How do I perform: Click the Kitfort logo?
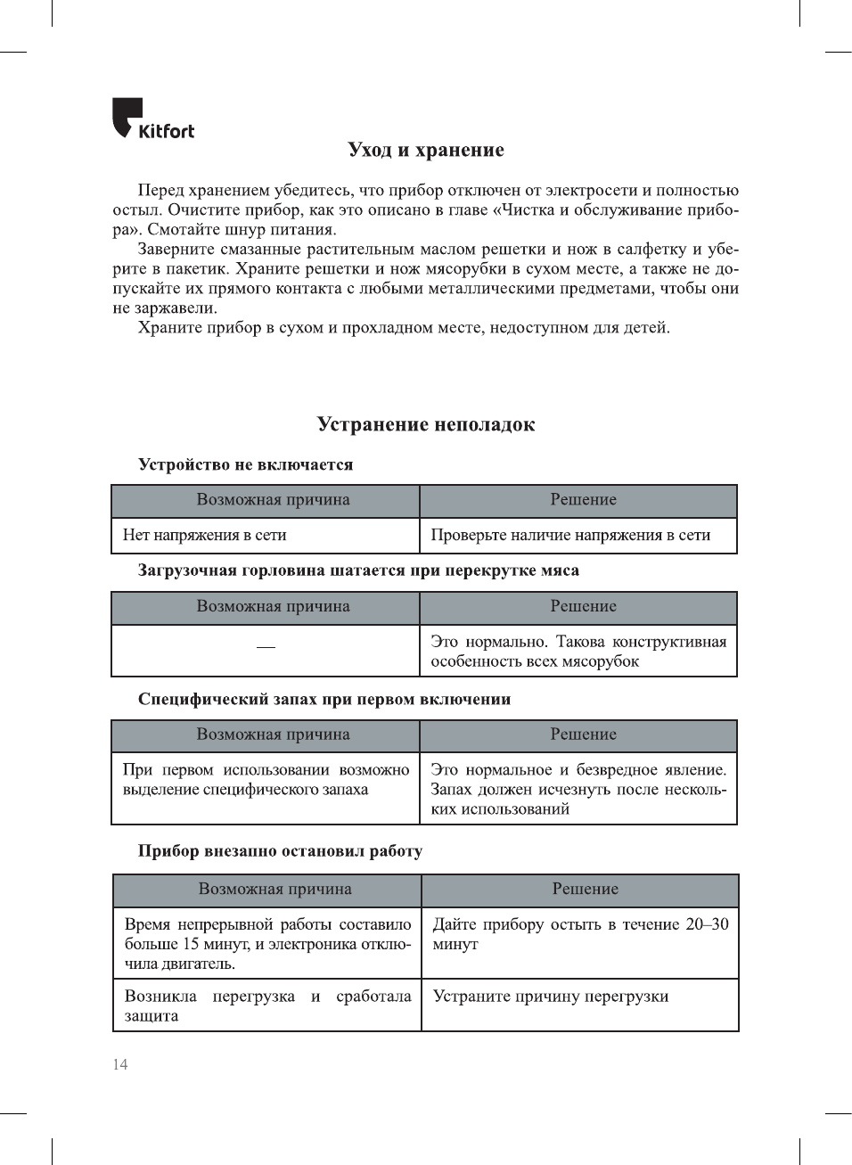click(152, 119)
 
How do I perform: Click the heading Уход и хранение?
click(426, 150)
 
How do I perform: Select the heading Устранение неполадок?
click(426, 424)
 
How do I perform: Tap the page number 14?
click(120, 1064)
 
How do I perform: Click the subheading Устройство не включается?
click(245, 464)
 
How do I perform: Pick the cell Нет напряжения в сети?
click(205, 535)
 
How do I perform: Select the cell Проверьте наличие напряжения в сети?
click(570, 535)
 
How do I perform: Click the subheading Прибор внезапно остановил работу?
click(280, 850)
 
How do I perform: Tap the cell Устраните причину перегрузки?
click(551, 996)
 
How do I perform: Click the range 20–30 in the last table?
click(707, 924)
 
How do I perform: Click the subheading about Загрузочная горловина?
click(358, 570)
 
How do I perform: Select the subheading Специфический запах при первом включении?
click(324, 699)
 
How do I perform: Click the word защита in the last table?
click(152, 1015)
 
